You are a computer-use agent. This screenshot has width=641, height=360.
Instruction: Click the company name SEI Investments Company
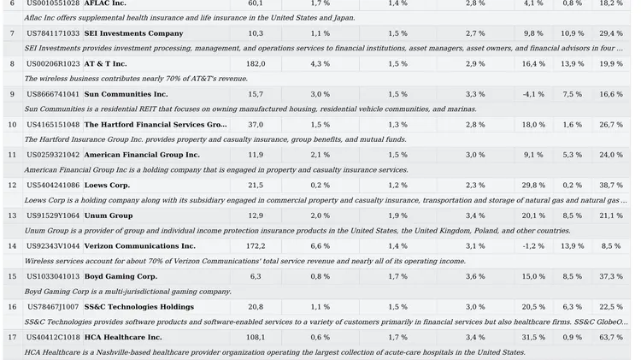coord(133,33)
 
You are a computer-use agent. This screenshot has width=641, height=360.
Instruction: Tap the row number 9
coord(12,94)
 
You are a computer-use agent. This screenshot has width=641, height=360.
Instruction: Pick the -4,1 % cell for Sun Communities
coord(533,94)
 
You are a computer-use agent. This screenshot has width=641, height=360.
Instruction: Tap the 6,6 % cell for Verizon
coord(320,245)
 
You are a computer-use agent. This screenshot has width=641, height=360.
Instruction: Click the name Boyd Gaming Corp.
coord(121,276)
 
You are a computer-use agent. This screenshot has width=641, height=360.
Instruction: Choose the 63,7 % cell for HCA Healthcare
coord(610,337)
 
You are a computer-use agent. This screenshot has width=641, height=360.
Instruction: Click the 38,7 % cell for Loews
coord(610,185)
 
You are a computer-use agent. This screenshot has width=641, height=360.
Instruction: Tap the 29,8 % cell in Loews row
coord(533,185)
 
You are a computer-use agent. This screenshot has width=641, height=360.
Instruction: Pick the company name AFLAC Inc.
coord(104,3)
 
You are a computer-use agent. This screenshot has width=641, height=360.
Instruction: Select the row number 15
coord(12,276)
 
